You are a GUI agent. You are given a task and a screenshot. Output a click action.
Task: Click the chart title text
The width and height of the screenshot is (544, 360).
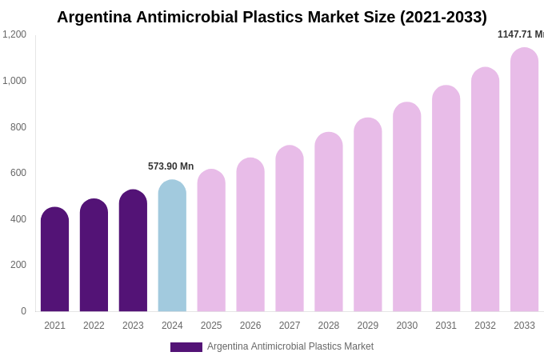tap(271, 17)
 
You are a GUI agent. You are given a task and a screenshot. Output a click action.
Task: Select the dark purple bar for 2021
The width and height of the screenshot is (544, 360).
tap(54, 260)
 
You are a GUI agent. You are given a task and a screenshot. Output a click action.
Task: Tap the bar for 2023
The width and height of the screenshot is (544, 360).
tap(133, 251)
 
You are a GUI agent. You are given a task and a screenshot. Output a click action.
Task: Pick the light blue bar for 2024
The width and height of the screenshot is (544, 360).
tap(172, 246)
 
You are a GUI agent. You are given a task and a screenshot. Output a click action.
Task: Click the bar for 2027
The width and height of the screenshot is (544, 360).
tap(290, 230)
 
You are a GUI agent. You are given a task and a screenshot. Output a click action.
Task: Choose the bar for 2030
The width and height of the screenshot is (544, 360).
tap(406, 208)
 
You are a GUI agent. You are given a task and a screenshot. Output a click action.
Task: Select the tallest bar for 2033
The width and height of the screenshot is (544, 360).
tap(524, 180)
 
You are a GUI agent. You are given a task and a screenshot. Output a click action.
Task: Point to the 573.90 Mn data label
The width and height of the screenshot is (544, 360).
tap(170, 166)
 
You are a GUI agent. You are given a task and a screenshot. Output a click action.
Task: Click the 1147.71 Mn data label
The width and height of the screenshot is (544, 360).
tap(520, 34)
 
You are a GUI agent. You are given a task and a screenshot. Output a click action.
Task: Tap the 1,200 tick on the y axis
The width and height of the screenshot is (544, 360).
tap(14, 34)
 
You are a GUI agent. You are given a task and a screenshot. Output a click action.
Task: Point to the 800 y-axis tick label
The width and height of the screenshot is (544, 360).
tap(18, 126)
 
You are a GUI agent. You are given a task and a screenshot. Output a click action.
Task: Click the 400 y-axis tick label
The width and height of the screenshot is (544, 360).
tap(18, 219)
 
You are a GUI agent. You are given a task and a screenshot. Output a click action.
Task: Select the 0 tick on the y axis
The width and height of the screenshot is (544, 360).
tap(23, 311)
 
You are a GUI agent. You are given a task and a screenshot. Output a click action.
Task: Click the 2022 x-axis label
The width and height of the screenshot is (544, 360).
tap(94, 326)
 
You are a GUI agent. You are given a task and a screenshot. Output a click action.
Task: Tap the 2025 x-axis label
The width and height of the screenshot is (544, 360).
tap(211, 326)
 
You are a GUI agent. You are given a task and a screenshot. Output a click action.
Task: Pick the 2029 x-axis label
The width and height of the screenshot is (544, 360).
tap(368, 326)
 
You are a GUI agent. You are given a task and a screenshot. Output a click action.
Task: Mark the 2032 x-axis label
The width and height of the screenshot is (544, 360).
tap(485, 326)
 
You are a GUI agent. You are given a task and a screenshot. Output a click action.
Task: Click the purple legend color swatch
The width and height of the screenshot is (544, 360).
tap(186, 347)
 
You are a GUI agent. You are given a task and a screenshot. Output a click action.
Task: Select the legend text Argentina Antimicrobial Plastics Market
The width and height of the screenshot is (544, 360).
tap(290, 346)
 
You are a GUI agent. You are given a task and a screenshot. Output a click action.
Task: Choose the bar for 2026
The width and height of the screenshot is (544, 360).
tap(250, 235)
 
